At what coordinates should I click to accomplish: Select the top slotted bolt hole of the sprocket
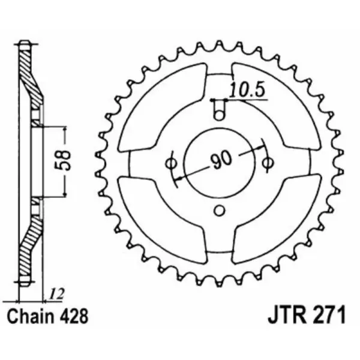(220, 110)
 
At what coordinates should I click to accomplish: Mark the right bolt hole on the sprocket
(269, 162)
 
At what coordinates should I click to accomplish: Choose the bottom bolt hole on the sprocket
(220, 209)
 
